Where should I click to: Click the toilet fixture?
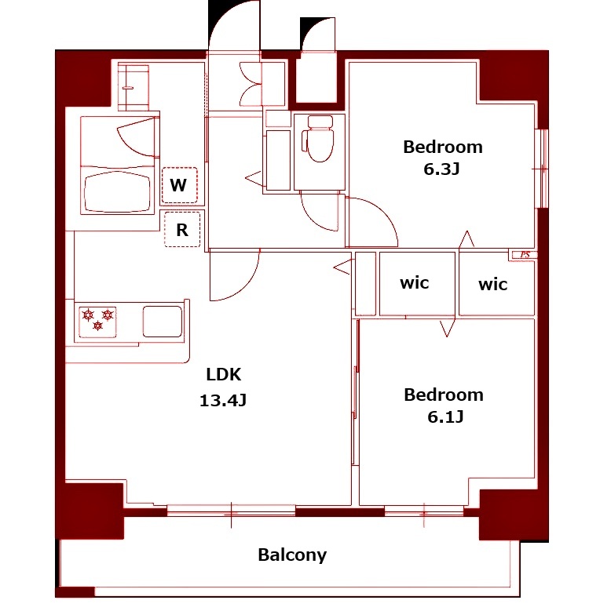click(319, 138)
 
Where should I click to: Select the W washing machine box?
click(179, 185)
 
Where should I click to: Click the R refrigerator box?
click(182, 229)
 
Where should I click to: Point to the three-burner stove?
click(98, 322)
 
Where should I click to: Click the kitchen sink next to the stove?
click(163, 322)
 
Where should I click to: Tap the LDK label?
click(224, 374)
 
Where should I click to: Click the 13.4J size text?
click(223, 400)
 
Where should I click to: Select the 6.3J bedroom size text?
click(441, 169)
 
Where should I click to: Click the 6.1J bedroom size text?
click(445, 416)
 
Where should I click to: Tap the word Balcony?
click(292, 555)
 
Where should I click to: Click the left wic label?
click(414, 283)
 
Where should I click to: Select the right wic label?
click(492, 285)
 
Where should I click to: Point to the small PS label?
click(525, 255)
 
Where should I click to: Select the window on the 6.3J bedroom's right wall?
click(542, 169)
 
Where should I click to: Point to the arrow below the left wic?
click(448, 328)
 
